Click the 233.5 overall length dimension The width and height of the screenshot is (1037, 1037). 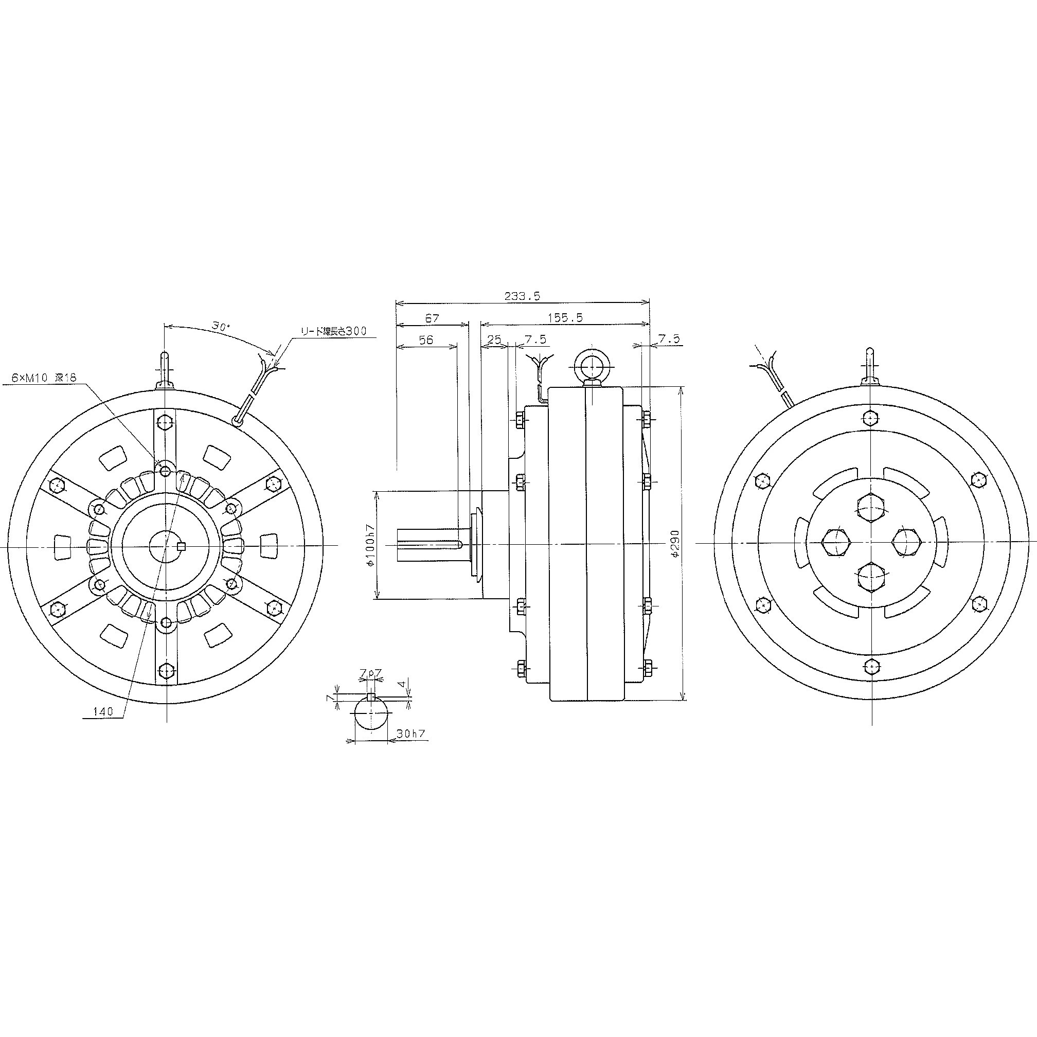pos(522,296)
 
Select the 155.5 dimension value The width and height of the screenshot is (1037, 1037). pos(565,317)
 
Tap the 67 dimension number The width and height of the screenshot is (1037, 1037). pos(432,318)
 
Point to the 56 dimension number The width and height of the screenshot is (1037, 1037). pos(425,340)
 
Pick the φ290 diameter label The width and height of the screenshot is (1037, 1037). pos(675,543)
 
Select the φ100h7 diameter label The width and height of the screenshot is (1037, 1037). pos(369,544)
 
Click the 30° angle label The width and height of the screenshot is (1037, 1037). pos(220,326)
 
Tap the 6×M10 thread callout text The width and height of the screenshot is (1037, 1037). pos(44,378)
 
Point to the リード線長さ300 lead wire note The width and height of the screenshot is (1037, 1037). pos(333,331)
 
